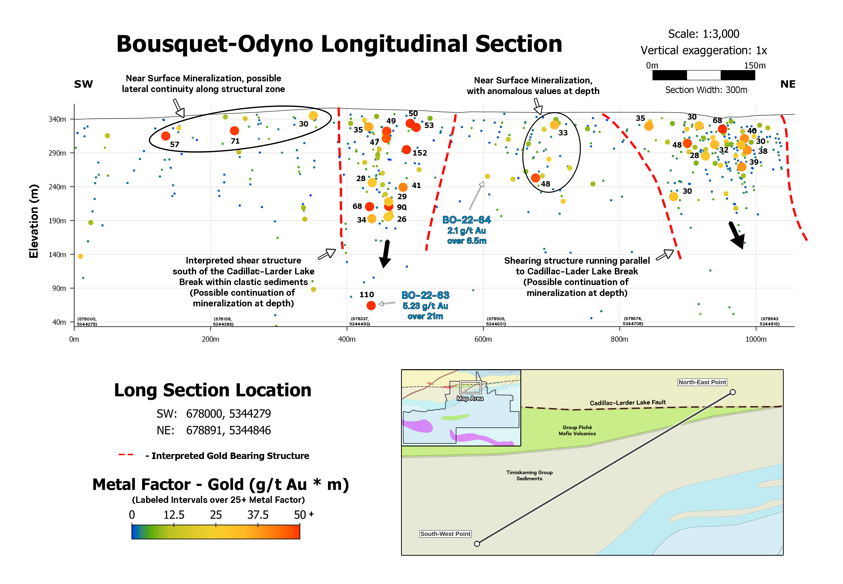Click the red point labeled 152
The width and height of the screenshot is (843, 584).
point(406,150)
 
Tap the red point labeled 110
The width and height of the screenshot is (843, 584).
point(371,305)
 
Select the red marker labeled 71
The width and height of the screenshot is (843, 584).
point(234,131)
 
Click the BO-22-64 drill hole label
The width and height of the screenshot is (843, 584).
point(466,220)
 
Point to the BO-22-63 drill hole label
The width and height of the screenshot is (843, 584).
point(425,295)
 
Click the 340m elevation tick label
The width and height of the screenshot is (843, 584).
point(58,119)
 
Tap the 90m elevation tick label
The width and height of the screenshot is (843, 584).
point(59,288)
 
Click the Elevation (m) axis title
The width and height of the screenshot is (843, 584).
point(34,221)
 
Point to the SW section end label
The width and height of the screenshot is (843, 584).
point(83,84)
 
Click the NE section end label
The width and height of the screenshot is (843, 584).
point(788,84)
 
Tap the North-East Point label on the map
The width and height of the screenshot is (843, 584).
point(702,382)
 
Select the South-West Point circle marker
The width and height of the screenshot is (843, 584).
point(477,544)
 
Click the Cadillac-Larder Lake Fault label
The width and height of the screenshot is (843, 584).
point(627,402)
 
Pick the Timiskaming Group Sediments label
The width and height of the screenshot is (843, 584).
point(529,475)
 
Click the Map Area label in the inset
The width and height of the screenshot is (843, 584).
point(470,398)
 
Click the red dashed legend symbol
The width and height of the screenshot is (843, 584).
point(126,455)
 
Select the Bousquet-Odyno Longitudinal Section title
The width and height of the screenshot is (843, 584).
point(339,44)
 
